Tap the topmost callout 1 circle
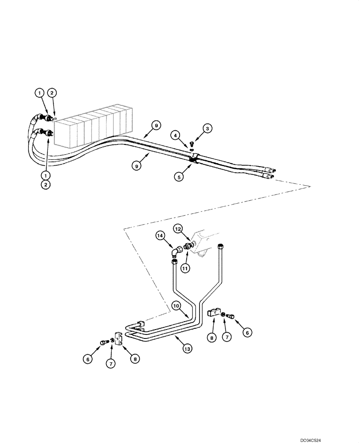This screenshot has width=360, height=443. click(40, 93)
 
